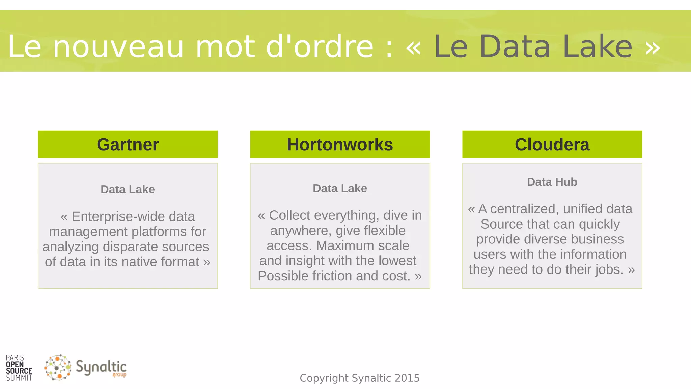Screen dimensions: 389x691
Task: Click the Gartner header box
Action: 128,145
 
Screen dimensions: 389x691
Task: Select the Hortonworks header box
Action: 340,145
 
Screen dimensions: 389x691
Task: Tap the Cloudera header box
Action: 552,145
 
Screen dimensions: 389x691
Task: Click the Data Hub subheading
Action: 552,182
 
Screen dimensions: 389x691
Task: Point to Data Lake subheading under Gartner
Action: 128,189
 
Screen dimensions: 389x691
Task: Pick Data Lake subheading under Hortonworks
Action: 340,188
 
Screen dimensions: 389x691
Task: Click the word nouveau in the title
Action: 118,47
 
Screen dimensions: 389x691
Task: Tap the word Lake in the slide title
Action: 597,47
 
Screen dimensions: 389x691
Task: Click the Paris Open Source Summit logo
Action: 19,368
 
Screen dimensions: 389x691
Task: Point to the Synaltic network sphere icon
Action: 58,367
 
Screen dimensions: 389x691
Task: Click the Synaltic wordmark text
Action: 101,368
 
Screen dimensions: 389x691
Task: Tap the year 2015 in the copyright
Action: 407,378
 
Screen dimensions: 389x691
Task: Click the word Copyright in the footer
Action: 324,378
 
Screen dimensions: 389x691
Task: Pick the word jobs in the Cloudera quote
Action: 608,269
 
